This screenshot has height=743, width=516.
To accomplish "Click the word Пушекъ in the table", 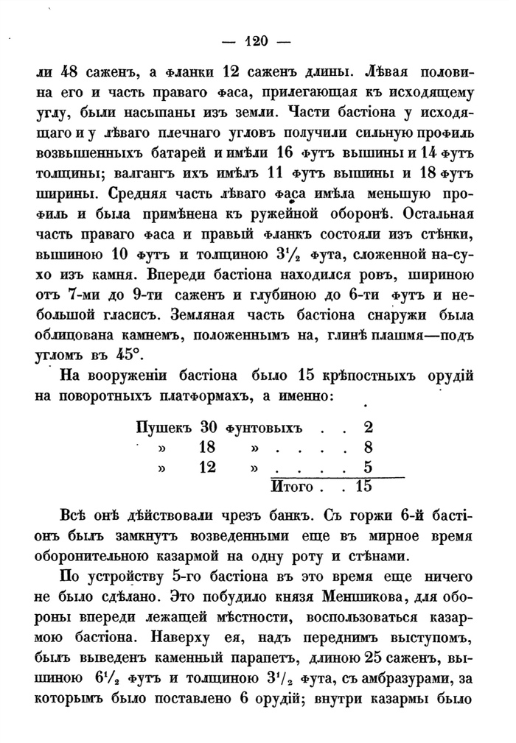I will pyautogui.click(x=164, y=428).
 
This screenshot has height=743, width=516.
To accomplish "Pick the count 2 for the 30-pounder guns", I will pyautogui.click(x=368, y=428).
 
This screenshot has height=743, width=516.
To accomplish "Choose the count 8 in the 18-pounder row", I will pyautogui.click(x=368, y=447).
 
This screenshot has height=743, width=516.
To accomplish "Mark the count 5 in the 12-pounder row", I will pyautogui.click(x=368, y=466).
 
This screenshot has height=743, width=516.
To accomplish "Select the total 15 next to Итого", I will pyautogui.click(x=363, y=486).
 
